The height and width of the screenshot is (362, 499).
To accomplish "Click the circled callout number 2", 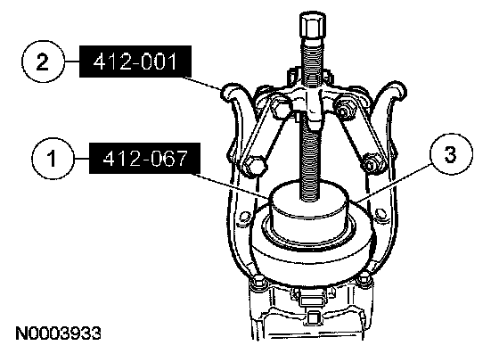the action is point(43,62).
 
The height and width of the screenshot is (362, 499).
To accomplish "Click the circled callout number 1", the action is point(53,158).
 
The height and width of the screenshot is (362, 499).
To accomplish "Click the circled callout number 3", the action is point(451,154).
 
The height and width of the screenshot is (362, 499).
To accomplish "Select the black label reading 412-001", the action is point(135,62).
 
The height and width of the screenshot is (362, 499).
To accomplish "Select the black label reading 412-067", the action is point(144,158).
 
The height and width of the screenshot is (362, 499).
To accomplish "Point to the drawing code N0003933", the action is point(58,333).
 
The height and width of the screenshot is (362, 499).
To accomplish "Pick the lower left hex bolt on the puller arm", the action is point(254,166).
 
